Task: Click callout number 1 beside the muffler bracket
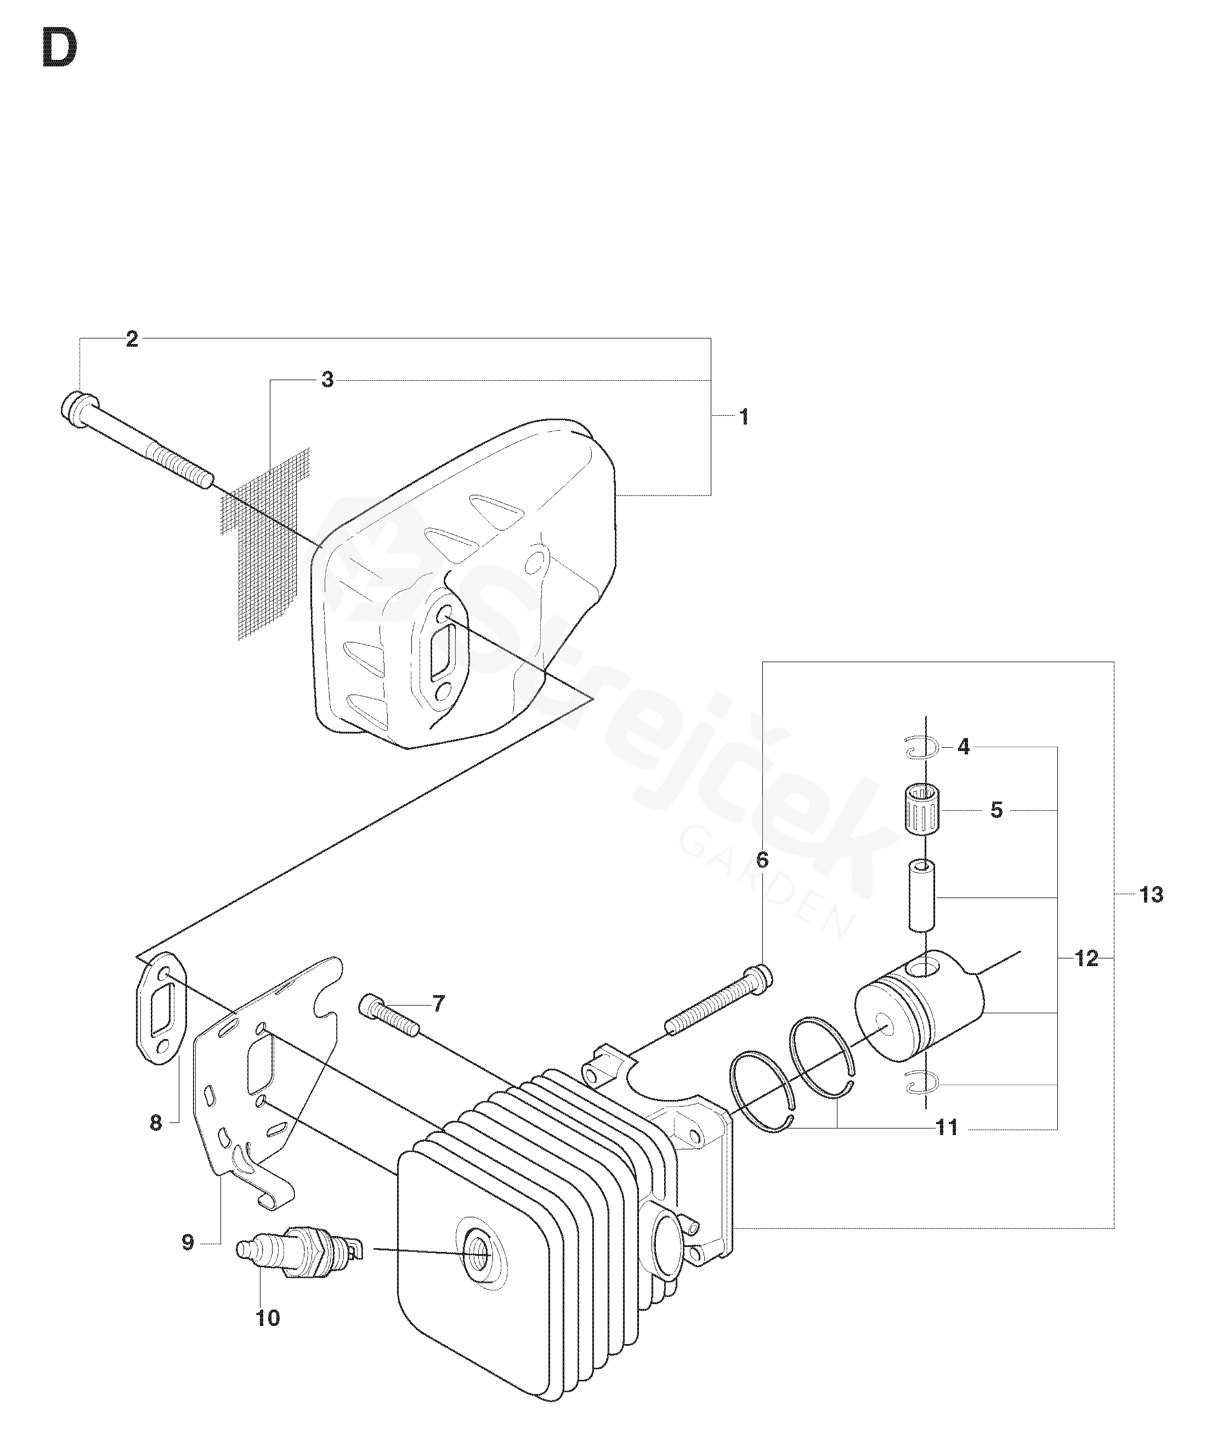point(744,416)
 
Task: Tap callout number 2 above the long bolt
point(132,338)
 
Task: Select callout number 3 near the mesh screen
point(327,380)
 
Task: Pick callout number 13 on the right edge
point(1151,895)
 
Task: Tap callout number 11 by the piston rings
point(947,1127)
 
